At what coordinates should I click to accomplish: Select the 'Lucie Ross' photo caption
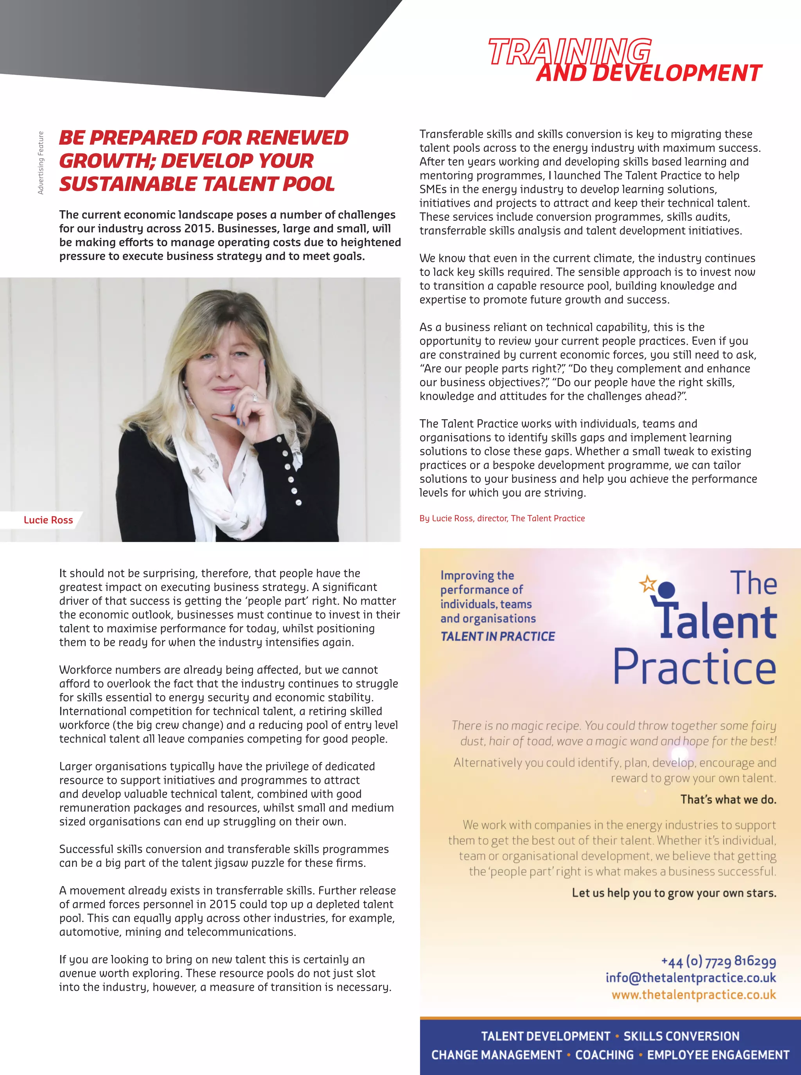(x=48, y=520)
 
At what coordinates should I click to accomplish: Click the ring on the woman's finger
(x=255, y=397)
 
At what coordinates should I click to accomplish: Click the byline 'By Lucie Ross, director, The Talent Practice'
(x=502, y=518)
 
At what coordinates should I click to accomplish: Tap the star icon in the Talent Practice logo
(x=648, y=583)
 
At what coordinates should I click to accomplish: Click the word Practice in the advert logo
(x=694, y=667)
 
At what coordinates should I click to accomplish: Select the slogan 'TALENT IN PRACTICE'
(x=497, y=636)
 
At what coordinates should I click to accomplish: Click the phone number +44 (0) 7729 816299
(x=718, y=961)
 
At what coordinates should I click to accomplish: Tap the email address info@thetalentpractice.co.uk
(x=690, y=978)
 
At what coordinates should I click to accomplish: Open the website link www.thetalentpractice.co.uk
(x=693, y=994)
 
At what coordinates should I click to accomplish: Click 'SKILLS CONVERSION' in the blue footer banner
(x=681, y=1036)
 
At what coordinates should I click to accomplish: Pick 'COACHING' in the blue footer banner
(x=604, y=1055)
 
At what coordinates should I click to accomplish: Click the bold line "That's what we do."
(x=728, y=799)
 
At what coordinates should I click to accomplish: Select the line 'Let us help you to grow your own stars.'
(x=674, y=893)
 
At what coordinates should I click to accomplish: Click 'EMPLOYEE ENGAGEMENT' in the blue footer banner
(x=718, y=1055)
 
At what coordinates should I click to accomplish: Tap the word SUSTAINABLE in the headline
(x=127, y=184)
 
